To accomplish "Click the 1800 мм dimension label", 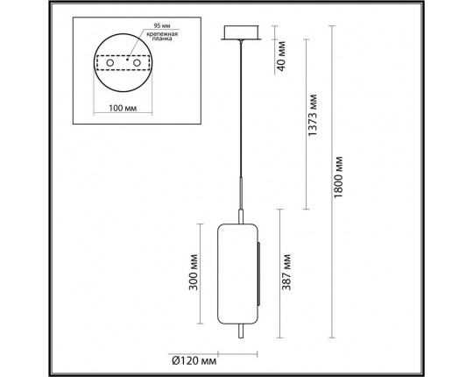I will click(x=345, y=181).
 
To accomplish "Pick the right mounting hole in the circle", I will click(x=137, y=65).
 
